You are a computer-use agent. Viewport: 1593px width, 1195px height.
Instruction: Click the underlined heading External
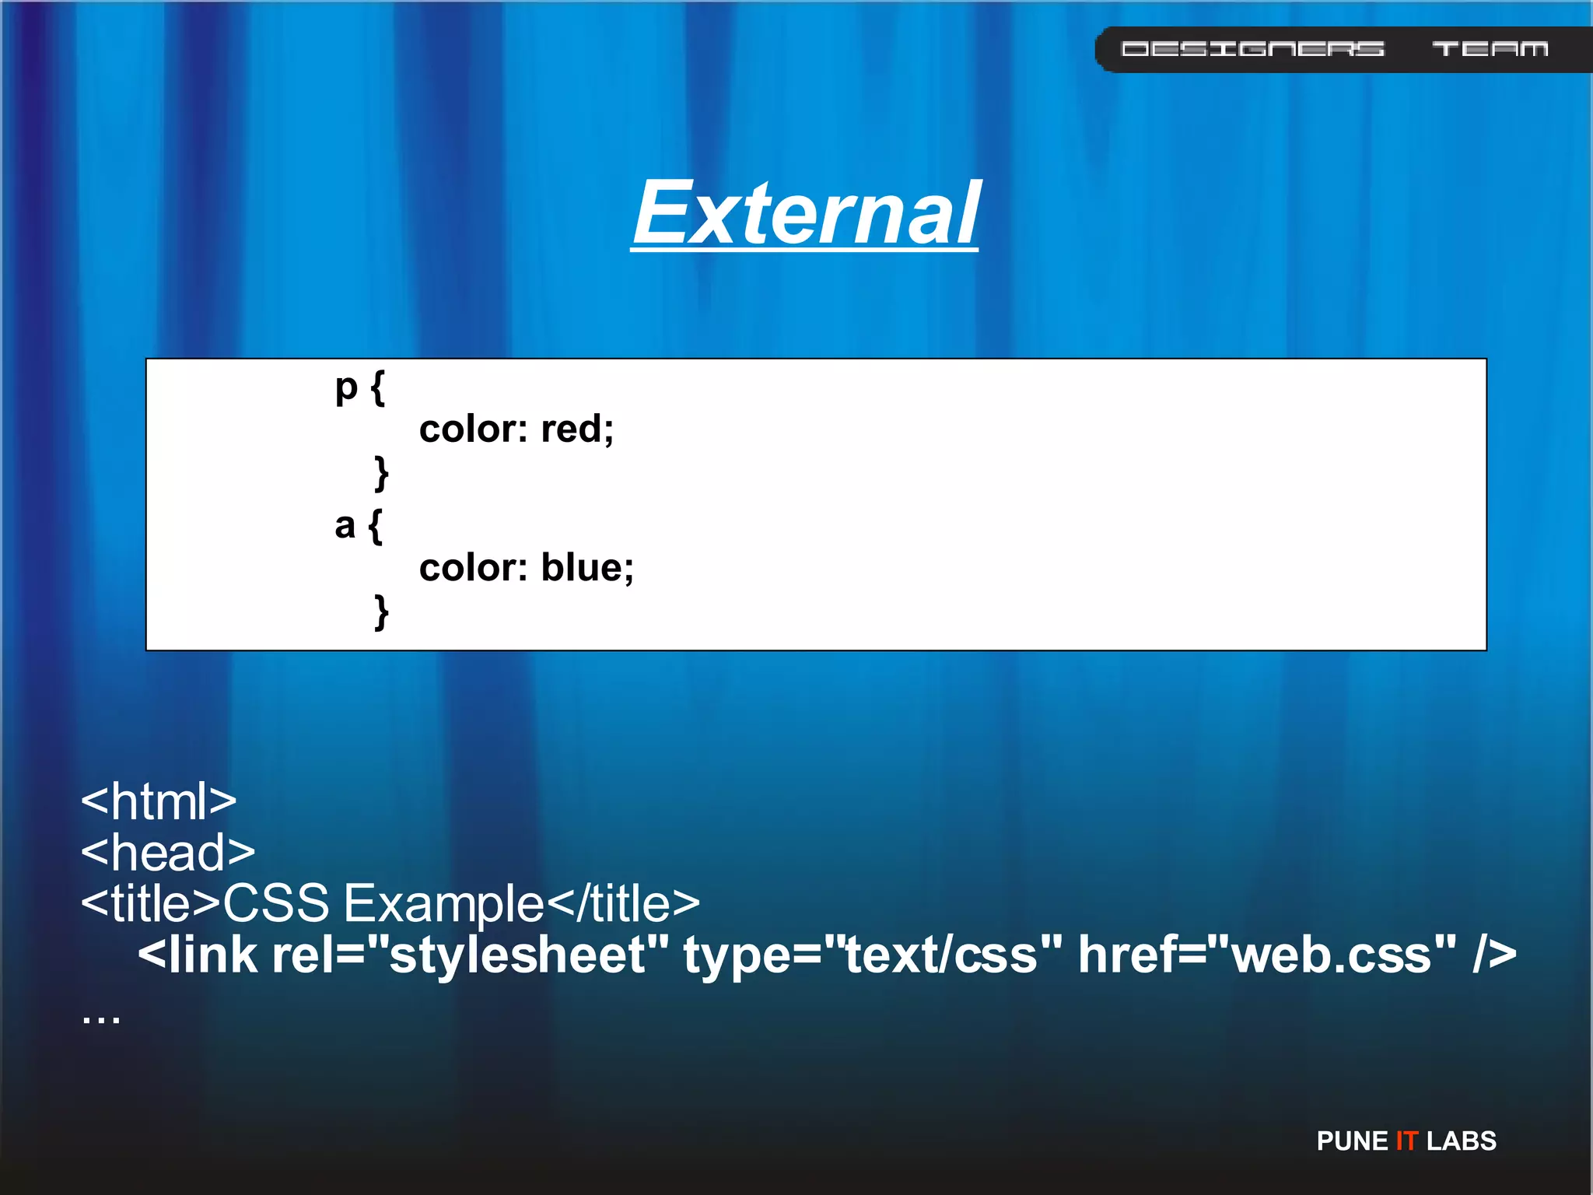[805, 212]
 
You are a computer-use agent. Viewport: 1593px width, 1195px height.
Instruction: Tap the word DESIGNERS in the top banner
[1252, 49]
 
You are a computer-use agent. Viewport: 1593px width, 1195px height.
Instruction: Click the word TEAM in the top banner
[1490, 49]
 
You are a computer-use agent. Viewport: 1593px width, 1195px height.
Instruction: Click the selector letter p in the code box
[346, 387]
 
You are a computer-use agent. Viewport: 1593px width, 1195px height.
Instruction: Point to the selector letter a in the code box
[345, 525]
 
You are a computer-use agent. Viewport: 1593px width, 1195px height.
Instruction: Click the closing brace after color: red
[381, 473]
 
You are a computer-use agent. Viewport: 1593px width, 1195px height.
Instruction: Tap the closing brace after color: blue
[381, 612]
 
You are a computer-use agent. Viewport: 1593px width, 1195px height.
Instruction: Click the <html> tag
[159, 801]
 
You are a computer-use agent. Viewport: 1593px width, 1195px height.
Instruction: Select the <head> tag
[168, 852]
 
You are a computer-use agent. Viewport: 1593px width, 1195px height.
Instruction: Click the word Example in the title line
[443, 903]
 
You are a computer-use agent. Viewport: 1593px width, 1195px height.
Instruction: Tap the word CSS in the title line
[276, 903]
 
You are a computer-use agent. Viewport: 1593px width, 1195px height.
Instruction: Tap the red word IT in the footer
[1406, 1141]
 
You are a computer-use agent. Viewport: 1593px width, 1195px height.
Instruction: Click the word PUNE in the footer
[1352, 1141]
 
